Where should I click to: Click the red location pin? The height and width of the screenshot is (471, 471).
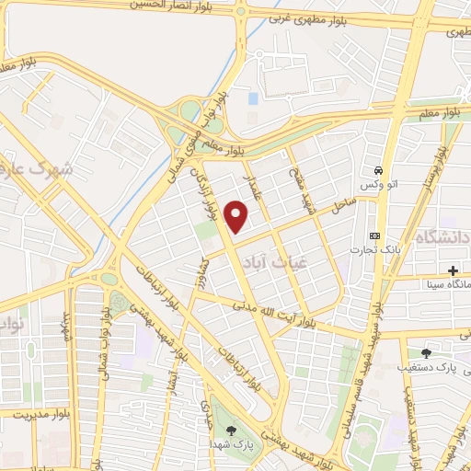click(x=237, y=216)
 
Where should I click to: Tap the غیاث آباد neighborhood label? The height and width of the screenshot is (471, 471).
click(x=264, y=261)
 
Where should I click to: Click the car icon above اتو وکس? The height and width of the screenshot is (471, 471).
click(x=378, y=170)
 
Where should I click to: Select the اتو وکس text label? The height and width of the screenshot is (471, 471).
click(x=378, y=186)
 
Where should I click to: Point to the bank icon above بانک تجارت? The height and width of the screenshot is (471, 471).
click(x=373, y=235)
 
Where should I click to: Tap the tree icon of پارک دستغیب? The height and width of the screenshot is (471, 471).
click(x=425, y=352)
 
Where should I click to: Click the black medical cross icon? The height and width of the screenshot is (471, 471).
click(x=453, y=270)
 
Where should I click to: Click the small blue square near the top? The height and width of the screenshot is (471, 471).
click(x=253, y=98)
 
